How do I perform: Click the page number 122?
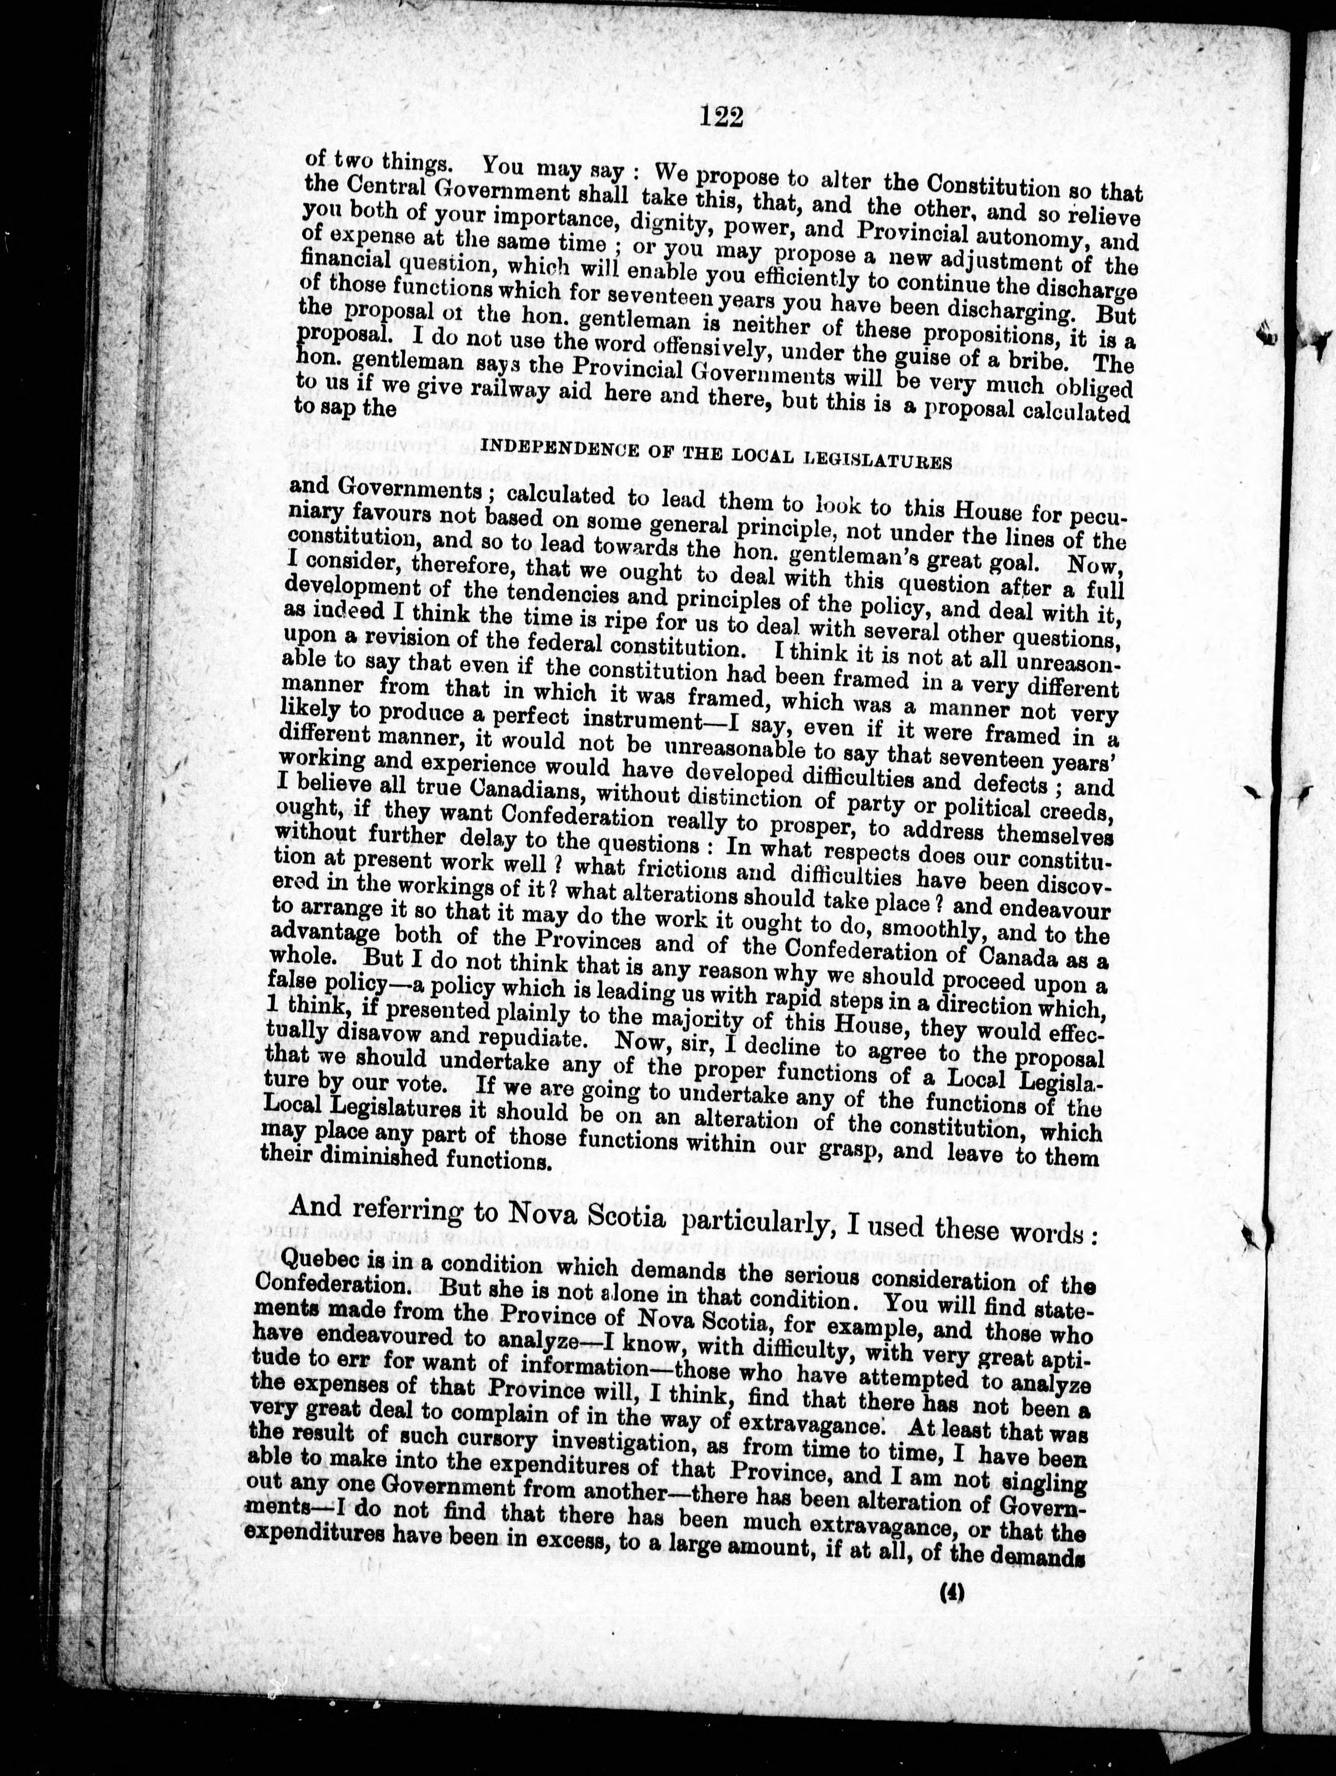coord(722,118)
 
